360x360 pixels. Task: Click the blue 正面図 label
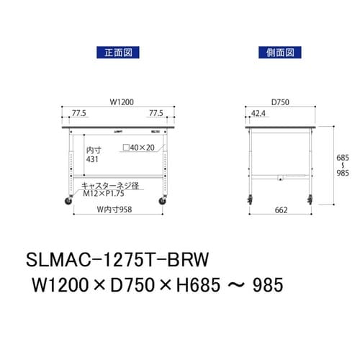click(116, 52)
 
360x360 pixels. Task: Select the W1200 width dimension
click(119, 102)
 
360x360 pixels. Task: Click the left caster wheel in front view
click(73, 201)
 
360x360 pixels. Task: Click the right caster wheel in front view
click(165, 201)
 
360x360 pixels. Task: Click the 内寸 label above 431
click(92, 150)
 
